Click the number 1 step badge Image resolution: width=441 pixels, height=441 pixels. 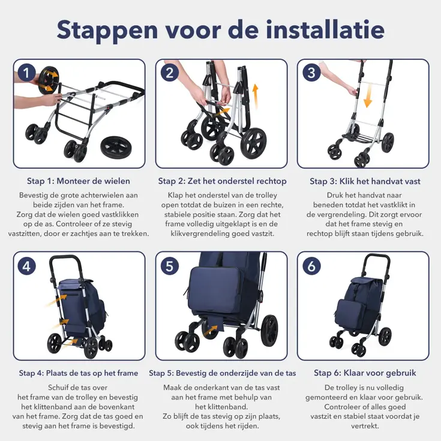(x=26, y=73)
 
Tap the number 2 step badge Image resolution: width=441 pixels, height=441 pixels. (x=169, y=73)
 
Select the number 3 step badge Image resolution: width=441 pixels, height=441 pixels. (x=311, y=73)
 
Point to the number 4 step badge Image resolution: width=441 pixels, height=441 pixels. (x=26, y=265)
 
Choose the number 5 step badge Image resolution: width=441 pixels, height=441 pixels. (x=169, y=265)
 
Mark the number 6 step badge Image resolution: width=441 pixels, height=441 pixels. (x=311, y=265)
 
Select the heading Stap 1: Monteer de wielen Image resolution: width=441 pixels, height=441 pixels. (x=79, y=181)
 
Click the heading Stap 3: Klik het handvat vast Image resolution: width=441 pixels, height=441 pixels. (x=365, y=181)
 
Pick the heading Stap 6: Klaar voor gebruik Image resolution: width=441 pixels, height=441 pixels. (x=365, y=373)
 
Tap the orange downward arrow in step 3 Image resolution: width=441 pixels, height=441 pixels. (x=367, y=97)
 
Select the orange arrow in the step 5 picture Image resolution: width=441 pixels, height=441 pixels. (x=209, y=328)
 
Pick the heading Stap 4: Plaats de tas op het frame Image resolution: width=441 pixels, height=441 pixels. (x=79, y=373)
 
